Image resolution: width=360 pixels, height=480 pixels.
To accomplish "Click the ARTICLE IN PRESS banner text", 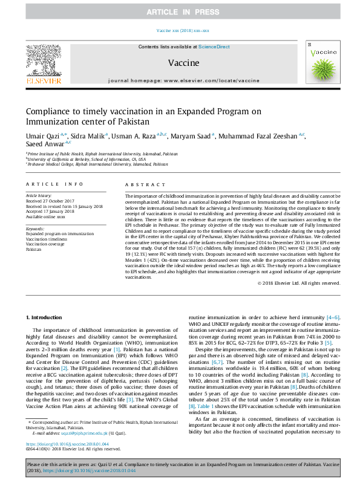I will tap(180, 11).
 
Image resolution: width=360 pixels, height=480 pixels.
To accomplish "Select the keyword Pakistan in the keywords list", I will tap(34, 249).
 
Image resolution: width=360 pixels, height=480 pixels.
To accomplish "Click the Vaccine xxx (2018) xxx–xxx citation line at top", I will tap(180, 30).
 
